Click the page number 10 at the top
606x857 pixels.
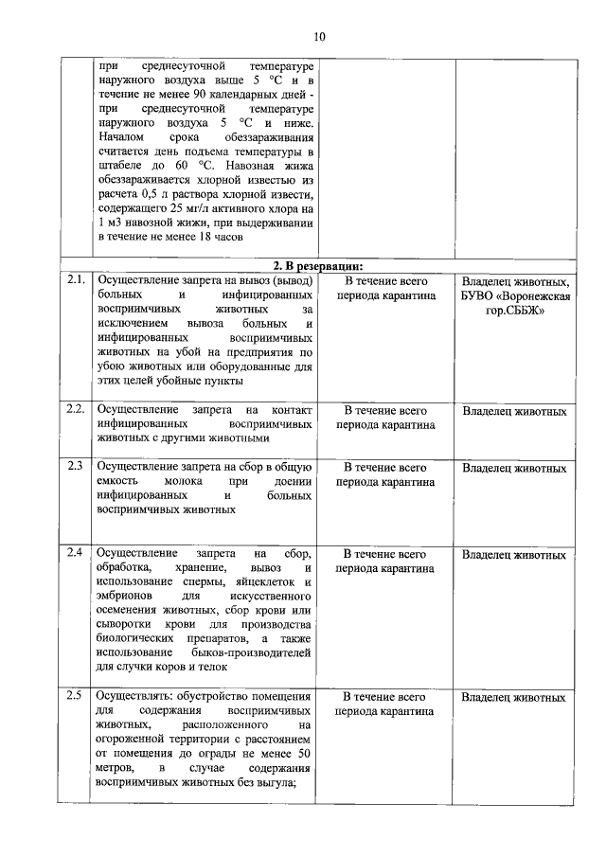click(319, 37)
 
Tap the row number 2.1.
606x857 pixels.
click(77, 281)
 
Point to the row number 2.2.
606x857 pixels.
click(77, 410)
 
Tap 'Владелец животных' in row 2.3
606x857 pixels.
click(514, 468)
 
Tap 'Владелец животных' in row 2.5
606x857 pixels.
click(514, 698)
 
